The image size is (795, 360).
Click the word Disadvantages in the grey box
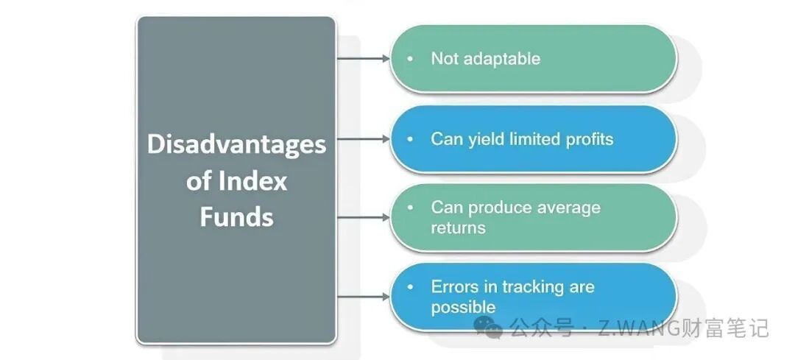[236, 146]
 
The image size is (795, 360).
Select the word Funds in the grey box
[236, 216]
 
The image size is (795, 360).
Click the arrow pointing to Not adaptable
[363, 59]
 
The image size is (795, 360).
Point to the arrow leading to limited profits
[363, 138]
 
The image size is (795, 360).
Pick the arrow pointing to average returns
[363, 217]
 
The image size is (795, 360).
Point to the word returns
[458, 228]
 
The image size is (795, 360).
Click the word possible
[463, 308]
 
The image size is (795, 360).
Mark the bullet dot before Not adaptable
[410, 59]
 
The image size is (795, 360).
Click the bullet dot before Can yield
[410, 138]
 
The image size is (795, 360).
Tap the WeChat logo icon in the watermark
[488, 327]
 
